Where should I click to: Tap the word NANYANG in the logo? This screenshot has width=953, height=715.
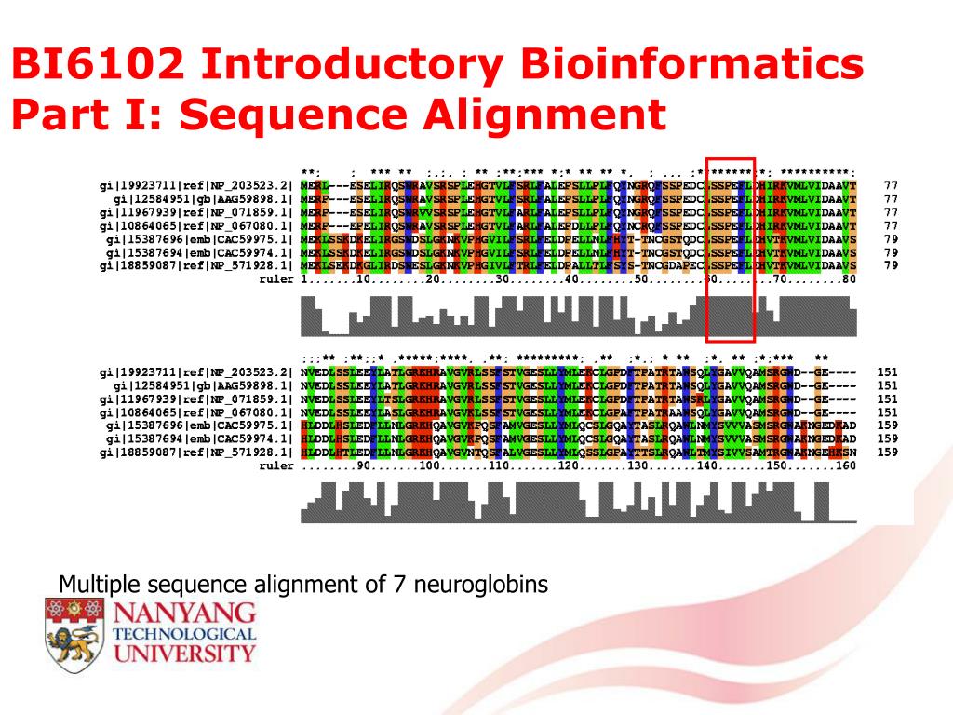point(184,613)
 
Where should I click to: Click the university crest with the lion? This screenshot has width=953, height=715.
point(74,632)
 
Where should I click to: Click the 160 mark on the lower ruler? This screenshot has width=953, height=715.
point(845,465)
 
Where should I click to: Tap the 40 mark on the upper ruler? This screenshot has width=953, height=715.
point(571,278)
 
